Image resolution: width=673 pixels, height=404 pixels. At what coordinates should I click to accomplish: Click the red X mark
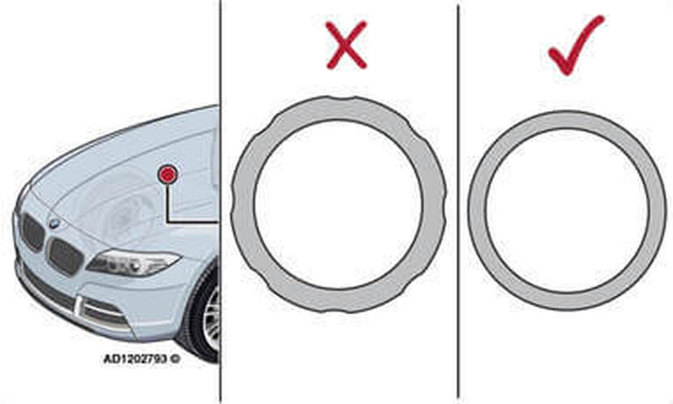[346, 45]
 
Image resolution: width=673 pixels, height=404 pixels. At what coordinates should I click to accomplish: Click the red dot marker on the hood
[167, 174]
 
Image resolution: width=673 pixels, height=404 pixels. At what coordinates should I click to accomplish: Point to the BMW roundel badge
[54, 223]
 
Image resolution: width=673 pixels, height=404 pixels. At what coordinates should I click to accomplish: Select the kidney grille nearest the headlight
[65, 256]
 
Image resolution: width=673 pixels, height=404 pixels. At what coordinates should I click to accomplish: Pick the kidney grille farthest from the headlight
[32, 232]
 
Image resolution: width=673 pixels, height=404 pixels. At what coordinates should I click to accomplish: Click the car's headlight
[133, 262]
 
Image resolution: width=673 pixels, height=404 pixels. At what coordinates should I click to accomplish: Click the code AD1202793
[135, 359]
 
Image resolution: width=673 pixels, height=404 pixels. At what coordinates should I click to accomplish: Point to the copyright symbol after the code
[175, 359]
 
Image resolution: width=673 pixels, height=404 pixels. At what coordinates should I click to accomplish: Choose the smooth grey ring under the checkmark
[477, 210]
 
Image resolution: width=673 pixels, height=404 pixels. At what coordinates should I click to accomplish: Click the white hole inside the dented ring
[339, 204]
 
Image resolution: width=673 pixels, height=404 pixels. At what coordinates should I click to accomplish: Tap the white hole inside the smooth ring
[567, 210]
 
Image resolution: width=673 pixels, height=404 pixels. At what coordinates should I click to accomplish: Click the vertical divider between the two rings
[458, 202]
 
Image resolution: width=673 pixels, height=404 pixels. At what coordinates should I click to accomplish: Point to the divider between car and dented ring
[221, 202]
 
